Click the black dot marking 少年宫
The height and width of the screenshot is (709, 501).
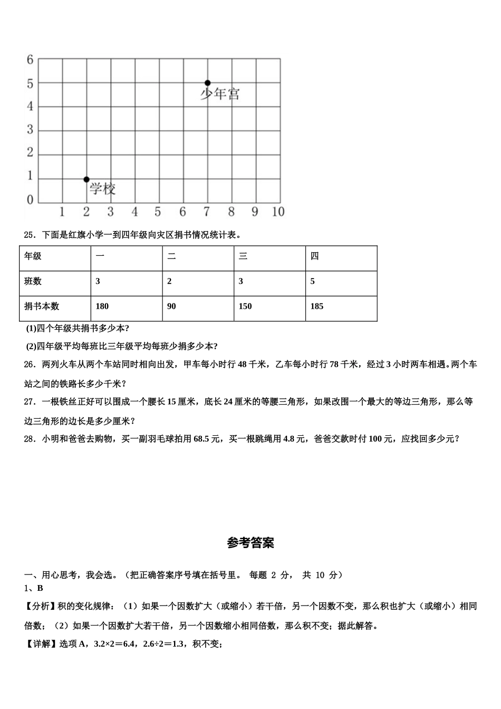[x=207, y=83]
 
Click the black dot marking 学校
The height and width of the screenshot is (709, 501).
[x=86, y=179]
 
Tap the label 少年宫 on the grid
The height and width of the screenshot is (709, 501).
[x=220, y=94]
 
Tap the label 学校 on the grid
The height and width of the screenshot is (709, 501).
[x=102, y=189]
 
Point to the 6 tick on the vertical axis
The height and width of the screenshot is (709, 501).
[x=30, y=60]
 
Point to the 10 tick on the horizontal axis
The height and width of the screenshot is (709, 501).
[x=278, y=212]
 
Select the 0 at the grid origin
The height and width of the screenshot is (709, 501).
[x=30, y=200]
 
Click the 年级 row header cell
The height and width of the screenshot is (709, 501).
[x=33, y=256]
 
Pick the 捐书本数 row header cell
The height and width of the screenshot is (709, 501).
[x=42, y=306]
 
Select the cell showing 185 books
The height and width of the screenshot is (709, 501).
[x=317, y=306]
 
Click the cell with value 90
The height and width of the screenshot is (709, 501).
[x=171, y=306]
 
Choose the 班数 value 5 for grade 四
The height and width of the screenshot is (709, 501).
[x=313, y=282]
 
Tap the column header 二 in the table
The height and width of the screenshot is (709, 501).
[x=171, y=256]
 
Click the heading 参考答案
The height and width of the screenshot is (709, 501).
[x=250, y=543]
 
